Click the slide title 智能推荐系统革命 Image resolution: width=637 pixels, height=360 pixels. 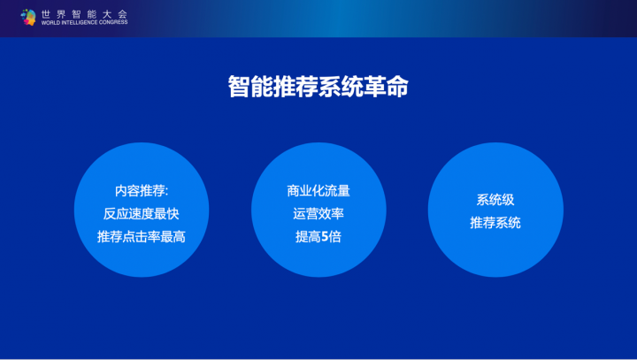(318, 86)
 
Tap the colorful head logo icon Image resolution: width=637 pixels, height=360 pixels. (28, 17)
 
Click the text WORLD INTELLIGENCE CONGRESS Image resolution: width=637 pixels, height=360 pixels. (85, 22)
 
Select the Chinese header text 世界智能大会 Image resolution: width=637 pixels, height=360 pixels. (85, 14)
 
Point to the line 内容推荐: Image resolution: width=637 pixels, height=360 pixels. (142, 190)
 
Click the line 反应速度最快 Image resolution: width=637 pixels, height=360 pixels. (142, 213)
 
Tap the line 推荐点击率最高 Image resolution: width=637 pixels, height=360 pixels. (142, 236)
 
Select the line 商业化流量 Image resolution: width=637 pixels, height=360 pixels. (318, 190)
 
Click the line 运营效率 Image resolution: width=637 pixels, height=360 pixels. (318, 213)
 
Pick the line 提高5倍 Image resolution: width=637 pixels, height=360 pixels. (318, 236)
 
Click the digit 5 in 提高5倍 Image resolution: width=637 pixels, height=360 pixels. (325, 236)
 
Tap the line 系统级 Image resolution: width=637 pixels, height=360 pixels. (495, 200)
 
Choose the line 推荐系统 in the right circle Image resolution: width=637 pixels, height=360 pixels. (495, 223)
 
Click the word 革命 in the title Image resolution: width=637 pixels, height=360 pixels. (386, 86)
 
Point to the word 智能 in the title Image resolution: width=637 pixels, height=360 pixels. (250, 86)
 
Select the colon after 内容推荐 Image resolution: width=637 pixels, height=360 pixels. (166, 191)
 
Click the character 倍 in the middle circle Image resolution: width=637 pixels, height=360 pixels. (335, 236)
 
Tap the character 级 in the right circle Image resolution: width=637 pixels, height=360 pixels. (508, 200)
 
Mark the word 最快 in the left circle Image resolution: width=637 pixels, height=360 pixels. (167, 213)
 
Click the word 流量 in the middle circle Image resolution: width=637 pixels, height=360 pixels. (338, 190)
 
